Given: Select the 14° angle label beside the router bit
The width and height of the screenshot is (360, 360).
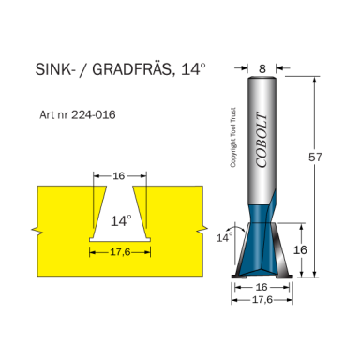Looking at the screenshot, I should pyautogui.click(x=223, y=238).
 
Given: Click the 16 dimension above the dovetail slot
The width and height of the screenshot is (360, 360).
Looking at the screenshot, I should pyautogui.click(x=119, y=174).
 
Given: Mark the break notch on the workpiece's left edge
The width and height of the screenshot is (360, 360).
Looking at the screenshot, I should pyautogui.click(x=35, y=229).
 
